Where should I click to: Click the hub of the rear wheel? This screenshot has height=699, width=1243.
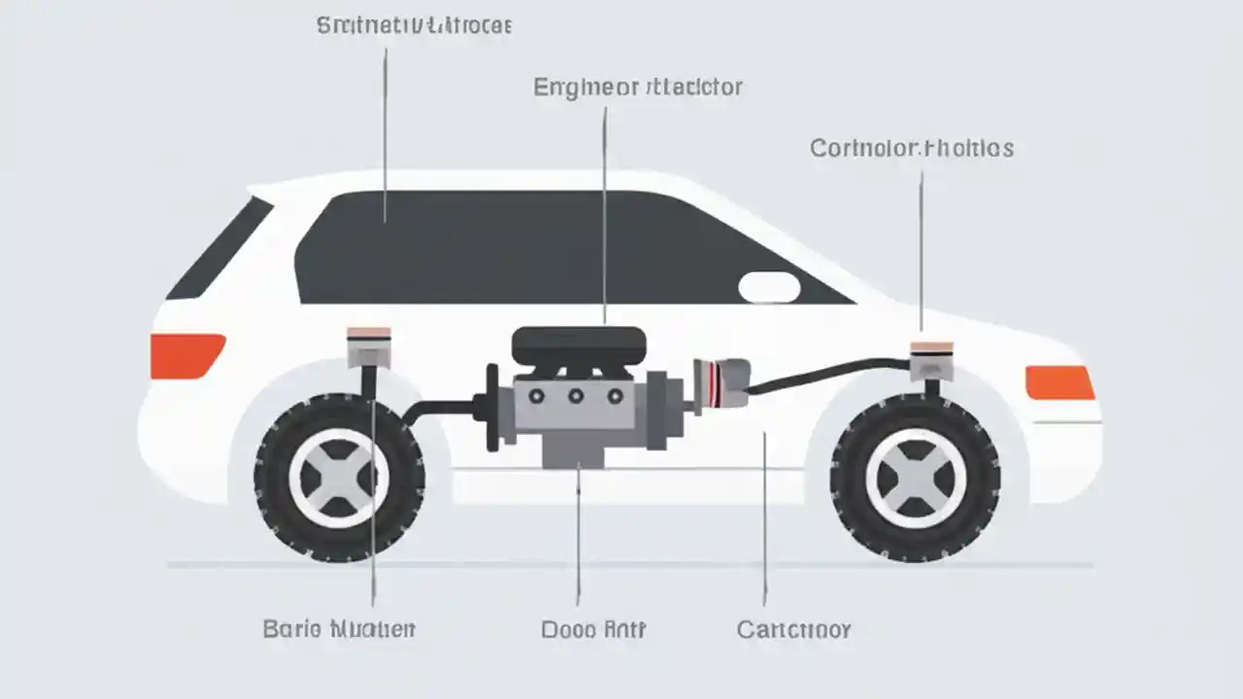(339, 477)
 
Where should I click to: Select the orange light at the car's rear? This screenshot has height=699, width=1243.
(186, 355)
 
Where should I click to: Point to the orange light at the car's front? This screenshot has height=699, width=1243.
(1059, 383)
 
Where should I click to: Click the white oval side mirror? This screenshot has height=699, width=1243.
(769, 287)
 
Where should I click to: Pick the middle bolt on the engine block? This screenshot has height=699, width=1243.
(576, 395)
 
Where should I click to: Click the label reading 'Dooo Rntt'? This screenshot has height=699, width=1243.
(593, 629)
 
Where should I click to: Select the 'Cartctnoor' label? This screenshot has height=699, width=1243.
(793, 629)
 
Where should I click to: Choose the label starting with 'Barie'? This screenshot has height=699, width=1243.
(339, 629)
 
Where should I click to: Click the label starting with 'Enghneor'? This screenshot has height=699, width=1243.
(638, 87)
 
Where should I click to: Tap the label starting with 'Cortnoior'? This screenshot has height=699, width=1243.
(912, 149)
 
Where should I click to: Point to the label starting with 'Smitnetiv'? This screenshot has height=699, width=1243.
(415, 26)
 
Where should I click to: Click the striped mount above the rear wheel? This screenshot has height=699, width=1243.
(369, 347)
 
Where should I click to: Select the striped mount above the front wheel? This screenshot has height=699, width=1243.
(931, 358)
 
